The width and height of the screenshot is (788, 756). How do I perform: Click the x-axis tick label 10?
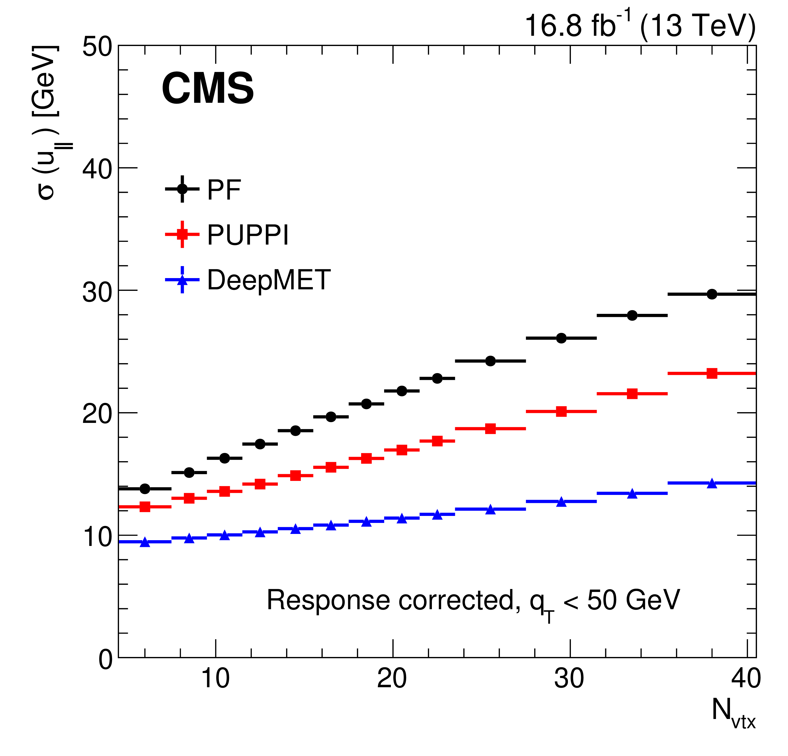coord(216,678)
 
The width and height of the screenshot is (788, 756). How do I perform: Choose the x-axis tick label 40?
coord(746,678)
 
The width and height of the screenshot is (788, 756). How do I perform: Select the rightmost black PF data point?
coord(712,294)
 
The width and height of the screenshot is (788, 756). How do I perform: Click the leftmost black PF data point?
coord(145,489)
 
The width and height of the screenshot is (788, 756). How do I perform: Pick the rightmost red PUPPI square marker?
coord(712,373)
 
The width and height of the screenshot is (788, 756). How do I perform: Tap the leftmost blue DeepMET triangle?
coord(145,542)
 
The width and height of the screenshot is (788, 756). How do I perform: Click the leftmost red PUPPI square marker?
coord(145,507)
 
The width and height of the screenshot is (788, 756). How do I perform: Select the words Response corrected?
coord(390,600)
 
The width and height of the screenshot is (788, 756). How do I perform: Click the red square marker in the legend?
coord(182,234)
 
